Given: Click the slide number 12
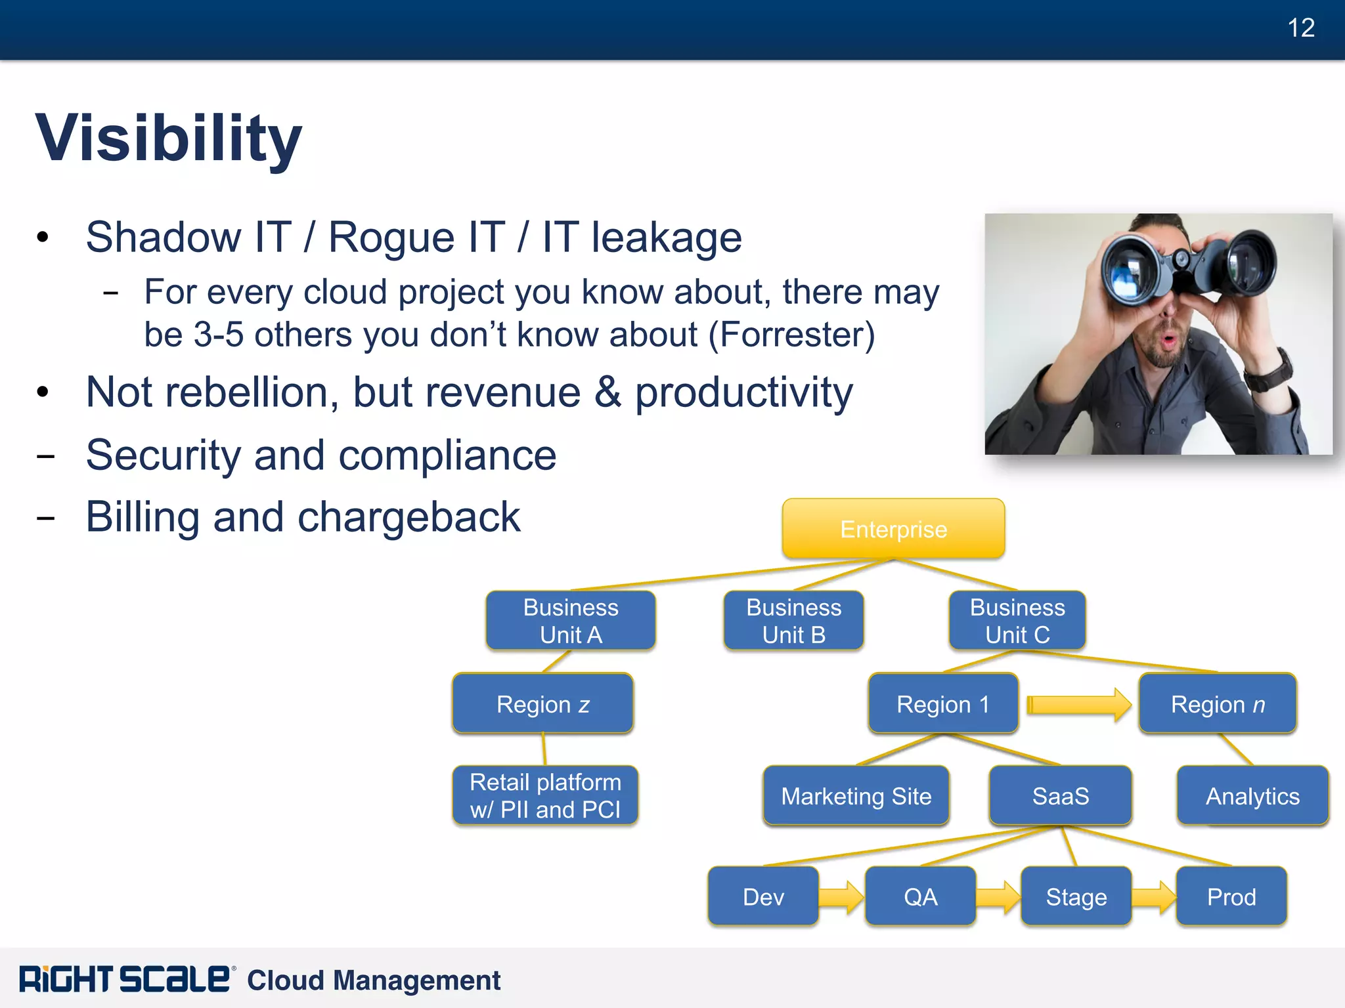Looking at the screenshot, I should pyautogui.click(x=1300, y=28).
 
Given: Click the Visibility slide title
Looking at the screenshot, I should pyautogui.click(x=168, y=138).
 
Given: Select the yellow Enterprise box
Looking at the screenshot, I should pyautogui.click(x=893, y=529).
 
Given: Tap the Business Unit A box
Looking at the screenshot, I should pyautogui.click(x=571, y=621).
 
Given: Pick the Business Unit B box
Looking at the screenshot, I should pyautogui.click(x=793, y=621).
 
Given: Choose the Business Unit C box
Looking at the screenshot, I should pyautogui.click(x=1017, y=621).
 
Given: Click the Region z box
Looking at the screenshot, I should pyautogui.click(x=542, y=704).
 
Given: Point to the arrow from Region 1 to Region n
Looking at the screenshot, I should pyautogui.click(x=1078, y=705).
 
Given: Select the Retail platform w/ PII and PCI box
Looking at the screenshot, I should pyautogui.click(x=545, y=795).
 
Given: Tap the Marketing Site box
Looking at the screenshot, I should pyautogui.click(x=856, y=796).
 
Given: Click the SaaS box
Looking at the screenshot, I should pyautogui.click(x=1060, y=796).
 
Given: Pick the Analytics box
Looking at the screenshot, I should pyautogui.click(x=1252, y=796).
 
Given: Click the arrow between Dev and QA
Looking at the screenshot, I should pyautogui.click(x=841, y=897).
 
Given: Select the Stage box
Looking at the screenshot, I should pyautogui.click(x=1076, y=897).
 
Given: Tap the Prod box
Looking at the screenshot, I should pyautogui.click(x=1231, y=897).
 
